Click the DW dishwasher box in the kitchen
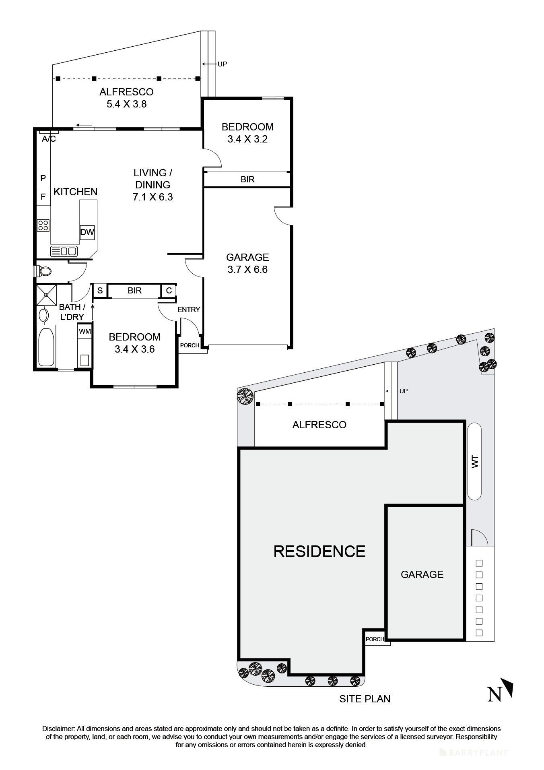click(x=87, y=232)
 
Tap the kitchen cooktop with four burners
click(x=43, y=225)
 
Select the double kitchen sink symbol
click(x=64, y=252)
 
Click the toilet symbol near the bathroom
click(x=43, y=271)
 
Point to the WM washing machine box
click(x=84, y=331)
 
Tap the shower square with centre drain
click(x=46, y=295)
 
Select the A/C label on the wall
click(x=49, y=139)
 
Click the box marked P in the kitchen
click(x=43, y=178)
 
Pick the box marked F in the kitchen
click(x=43, y=197)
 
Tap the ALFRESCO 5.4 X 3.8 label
click(x=126, y=98)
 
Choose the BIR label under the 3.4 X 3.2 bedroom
click(x=247, y=180)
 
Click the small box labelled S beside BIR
click(x=100, y=291)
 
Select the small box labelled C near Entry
click(x=169, y=291)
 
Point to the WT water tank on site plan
click(x=475, y=461)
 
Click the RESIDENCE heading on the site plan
click(x=319, y=551)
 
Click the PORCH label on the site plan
click(x=375, y=639)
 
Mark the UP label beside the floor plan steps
click(x=222, y=64)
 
